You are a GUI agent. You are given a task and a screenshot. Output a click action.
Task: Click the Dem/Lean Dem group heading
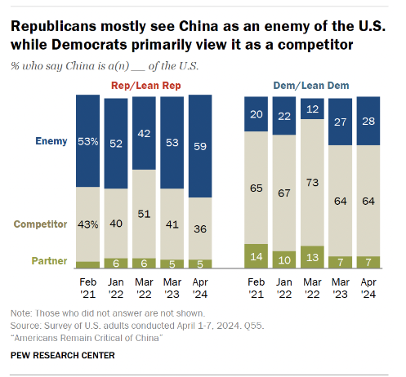311,85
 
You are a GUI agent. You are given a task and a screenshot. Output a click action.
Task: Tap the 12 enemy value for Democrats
313,108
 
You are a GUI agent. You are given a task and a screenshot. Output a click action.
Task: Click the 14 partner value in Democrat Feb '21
257,256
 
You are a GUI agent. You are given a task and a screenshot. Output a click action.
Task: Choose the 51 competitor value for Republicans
144,215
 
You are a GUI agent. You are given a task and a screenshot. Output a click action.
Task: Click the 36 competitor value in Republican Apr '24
199,229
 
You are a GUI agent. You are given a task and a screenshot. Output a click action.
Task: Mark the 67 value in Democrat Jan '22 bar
285,192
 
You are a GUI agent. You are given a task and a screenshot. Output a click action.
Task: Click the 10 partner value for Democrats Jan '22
285,259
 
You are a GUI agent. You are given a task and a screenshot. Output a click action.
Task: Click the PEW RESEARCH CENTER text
62,355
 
